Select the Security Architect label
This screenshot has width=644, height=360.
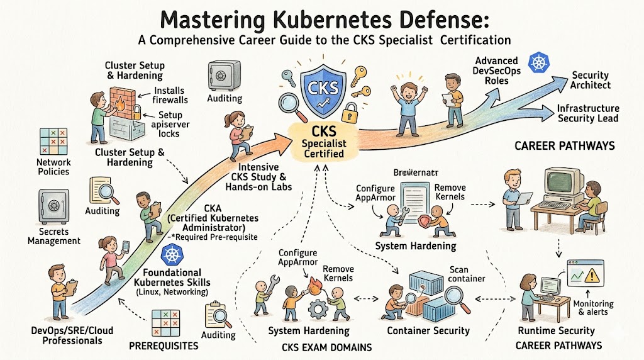[x=591, y=80]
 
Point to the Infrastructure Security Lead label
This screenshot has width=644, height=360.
[x=588, y=113]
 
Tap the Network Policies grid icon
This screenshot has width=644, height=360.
[x=53, y=141]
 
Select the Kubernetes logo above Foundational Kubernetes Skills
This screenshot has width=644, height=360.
[x=172, y=256]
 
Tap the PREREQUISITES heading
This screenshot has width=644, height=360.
[x=164, y=346]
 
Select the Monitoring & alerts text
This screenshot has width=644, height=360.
[x=594, y=308]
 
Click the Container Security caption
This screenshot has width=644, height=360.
[x=428, y=330]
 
